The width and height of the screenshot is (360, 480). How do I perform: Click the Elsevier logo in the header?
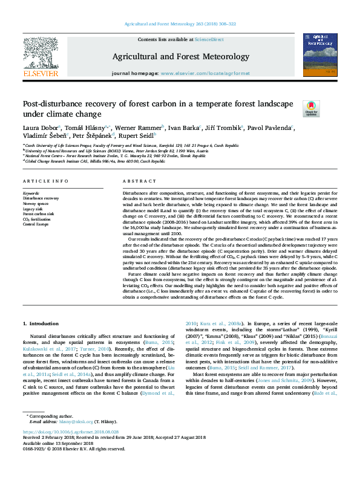(x=41, y=56)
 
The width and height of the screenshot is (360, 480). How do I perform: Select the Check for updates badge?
(x=310, y=108)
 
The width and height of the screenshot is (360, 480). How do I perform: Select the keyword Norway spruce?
(x=36, y=203)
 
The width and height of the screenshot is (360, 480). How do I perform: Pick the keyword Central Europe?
(x=36, y=224)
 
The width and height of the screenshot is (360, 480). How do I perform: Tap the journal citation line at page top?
(x=180, y=24)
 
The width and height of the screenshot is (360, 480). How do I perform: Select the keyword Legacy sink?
(x=34, y=208)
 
